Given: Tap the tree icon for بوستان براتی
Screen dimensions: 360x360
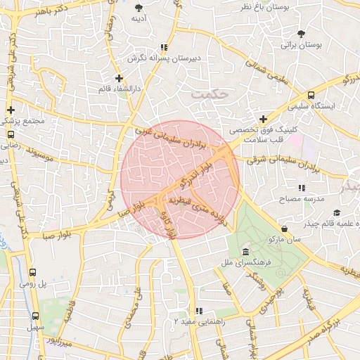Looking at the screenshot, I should click(x=302, y=34).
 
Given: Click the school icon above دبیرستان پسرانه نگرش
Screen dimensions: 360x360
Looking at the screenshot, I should click(x=164, y=48).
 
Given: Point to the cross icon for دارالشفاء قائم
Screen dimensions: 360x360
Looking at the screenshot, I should click(x=118, y=78).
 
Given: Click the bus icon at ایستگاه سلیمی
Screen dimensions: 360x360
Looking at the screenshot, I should click(x=311, y=95).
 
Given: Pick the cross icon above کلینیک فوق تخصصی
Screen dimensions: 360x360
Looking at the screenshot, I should click(x=264, y=119).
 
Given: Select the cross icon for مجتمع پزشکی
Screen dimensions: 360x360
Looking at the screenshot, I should click(x=11, y=110).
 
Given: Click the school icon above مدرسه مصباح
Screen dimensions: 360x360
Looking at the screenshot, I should click(x=302, y=188).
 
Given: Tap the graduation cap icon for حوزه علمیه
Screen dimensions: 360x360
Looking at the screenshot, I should click(x=337, y=212).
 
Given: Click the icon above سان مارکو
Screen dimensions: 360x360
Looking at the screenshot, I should click(x=285, y=229).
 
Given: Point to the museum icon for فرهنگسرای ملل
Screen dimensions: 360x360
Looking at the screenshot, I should click(x=245, y=252).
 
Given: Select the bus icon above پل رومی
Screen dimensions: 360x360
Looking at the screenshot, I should click(x=33, y=272).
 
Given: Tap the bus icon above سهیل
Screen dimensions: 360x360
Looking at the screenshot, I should click(x=35, y=316).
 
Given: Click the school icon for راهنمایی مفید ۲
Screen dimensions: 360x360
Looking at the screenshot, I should click(x=199, y=310).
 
